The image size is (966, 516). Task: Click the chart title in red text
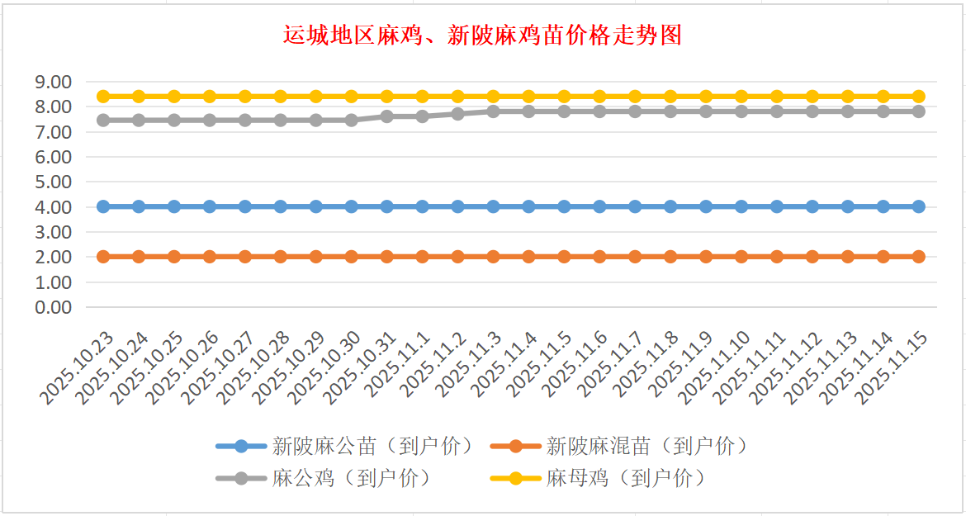[482, 36]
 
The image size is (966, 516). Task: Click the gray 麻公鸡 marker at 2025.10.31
[386, 116]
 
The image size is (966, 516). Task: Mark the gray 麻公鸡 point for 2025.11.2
[457, 114]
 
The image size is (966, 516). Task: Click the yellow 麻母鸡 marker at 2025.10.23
[103, 97]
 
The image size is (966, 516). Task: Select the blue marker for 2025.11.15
[918, 206]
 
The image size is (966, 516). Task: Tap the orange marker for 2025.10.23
[103, 257]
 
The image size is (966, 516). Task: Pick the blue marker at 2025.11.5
[564, 206]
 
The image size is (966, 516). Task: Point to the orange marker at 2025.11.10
[741, 257]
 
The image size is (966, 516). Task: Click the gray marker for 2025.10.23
[103, 121]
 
